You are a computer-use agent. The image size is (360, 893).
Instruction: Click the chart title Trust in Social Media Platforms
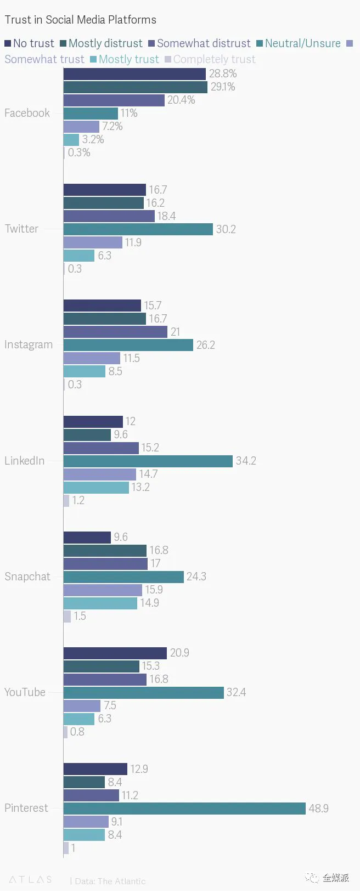(80, 20)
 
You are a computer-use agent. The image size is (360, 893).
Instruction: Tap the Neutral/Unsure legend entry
(299, 43)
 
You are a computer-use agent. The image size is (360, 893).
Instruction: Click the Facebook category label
(27, 113)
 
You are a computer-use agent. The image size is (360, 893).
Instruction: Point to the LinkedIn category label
(25, 461)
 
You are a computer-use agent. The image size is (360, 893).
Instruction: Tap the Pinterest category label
(26, 808)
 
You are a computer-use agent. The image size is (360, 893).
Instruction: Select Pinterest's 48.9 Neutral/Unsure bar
(184, 809)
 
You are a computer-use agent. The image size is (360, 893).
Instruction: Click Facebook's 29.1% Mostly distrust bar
(135, 87)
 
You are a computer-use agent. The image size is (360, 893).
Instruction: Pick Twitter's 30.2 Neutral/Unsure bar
(138, 229)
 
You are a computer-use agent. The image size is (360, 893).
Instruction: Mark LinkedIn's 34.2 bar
(148, 461)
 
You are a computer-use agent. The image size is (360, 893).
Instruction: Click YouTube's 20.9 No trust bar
(115, 653)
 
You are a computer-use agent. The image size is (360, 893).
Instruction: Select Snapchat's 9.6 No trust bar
(87, 537)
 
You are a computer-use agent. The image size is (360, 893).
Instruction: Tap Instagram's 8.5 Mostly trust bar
(84, 371)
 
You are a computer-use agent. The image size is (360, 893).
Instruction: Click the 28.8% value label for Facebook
(223, 74)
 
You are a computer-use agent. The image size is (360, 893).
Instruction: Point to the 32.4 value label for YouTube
(236, 692)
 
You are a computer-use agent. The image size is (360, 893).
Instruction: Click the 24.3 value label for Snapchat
(196, 577)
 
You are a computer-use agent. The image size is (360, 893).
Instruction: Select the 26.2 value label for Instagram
(205, 345)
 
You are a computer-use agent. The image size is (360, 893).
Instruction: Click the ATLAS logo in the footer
(30, 879)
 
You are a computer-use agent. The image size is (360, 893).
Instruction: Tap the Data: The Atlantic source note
(110, 881)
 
